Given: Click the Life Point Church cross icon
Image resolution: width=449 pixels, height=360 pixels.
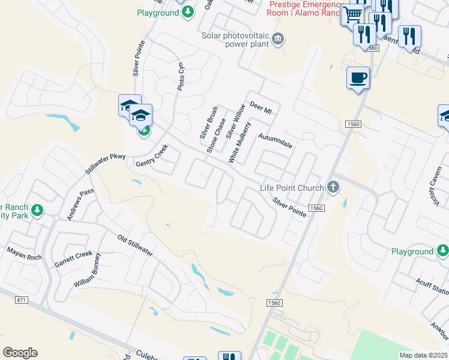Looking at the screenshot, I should pos(334,188).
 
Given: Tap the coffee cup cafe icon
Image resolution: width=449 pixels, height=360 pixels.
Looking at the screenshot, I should pos(358,78).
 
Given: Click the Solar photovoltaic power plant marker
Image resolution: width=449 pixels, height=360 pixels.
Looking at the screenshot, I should pos(278,40).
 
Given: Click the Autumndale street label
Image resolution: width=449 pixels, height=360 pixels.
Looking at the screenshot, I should pos(275,141).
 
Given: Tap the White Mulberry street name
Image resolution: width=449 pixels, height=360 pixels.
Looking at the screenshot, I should pos(239,142).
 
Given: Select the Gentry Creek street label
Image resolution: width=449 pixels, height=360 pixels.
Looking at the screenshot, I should pos(149,158).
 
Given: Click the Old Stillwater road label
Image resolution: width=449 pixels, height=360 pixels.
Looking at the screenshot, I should pos(135,245).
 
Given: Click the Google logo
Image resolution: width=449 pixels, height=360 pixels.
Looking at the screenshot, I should pos(20,353).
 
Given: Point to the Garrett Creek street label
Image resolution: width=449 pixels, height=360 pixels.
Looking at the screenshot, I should pos(73,259).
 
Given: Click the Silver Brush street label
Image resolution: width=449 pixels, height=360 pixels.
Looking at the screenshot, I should pos(208,123).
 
